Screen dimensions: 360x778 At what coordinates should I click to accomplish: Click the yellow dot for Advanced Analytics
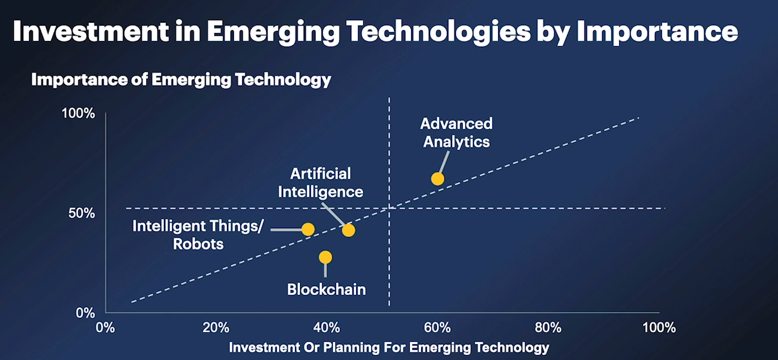point(438,178)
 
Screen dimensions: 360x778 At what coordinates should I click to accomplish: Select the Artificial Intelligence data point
point(349,230)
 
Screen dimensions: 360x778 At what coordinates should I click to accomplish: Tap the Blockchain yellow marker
point(325,257)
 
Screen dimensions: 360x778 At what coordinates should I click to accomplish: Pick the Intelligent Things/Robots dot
point(308,229)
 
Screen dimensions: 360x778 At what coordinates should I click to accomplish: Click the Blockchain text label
point(327,289)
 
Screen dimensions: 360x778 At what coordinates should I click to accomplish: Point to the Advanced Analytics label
point(456,132)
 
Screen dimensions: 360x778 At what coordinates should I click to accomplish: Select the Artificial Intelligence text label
point(321,182)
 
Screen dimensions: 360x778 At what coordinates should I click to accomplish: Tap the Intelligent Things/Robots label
point(198,235)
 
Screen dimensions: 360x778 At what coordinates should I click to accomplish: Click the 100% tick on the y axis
point(78,114)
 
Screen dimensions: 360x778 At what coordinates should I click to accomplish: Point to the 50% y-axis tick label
point(82,213)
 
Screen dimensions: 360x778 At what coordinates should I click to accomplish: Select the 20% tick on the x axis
point(216,327)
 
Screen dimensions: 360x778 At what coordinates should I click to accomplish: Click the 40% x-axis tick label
point(327,327)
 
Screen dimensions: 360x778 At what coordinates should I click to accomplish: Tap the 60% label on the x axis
point(437,327)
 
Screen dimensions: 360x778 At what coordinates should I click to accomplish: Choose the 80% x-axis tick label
point(548,327)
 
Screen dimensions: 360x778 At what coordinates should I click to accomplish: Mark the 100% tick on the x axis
point(658,327)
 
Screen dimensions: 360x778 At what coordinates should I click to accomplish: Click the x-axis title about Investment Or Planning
point(389,347)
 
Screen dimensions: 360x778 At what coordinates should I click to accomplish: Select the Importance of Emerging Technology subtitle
point(181,80)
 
